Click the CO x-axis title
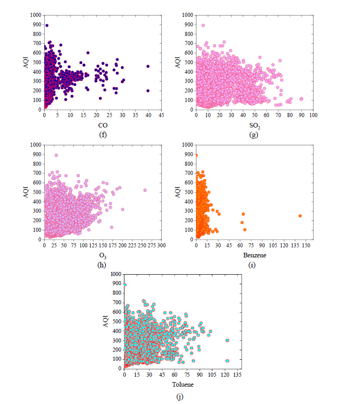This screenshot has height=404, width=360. tap(103, 125)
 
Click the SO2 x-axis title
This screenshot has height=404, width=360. tap(255, 126)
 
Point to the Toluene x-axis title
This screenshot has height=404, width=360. tap(182, 384)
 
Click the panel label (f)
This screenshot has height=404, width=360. tap(103, 134)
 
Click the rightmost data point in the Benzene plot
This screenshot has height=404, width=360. tap(300, 215)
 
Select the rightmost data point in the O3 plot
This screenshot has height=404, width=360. tap(145, 190)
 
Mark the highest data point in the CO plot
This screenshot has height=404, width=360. tap(47, 26)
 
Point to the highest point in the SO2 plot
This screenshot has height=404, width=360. tap(203, 26)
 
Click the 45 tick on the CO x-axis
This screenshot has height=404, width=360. tap(161, 116)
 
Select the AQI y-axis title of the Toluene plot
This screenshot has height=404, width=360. tap(105, 321)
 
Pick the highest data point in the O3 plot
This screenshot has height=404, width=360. tap(56, 155)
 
